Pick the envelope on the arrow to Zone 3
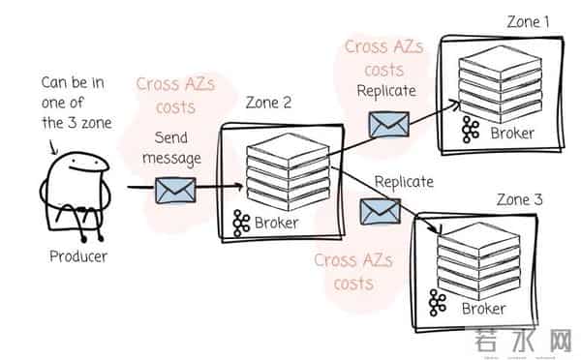click(379, 210)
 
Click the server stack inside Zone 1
click(494, 82)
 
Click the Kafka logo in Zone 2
click(243, 225)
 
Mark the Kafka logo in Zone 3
click(439, 302)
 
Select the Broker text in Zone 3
click(483, 309)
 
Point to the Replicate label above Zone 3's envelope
click(403, 181)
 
